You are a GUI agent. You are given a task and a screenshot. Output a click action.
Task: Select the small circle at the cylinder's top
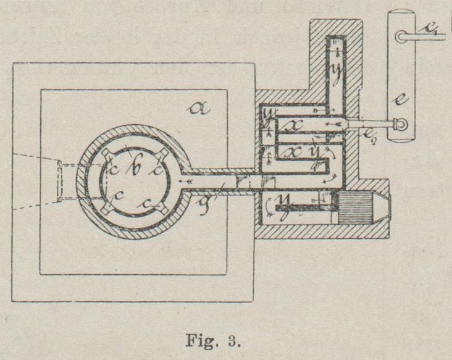(402, 36)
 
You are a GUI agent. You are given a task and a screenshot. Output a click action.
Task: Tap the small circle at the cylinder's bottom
(402, 125)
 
